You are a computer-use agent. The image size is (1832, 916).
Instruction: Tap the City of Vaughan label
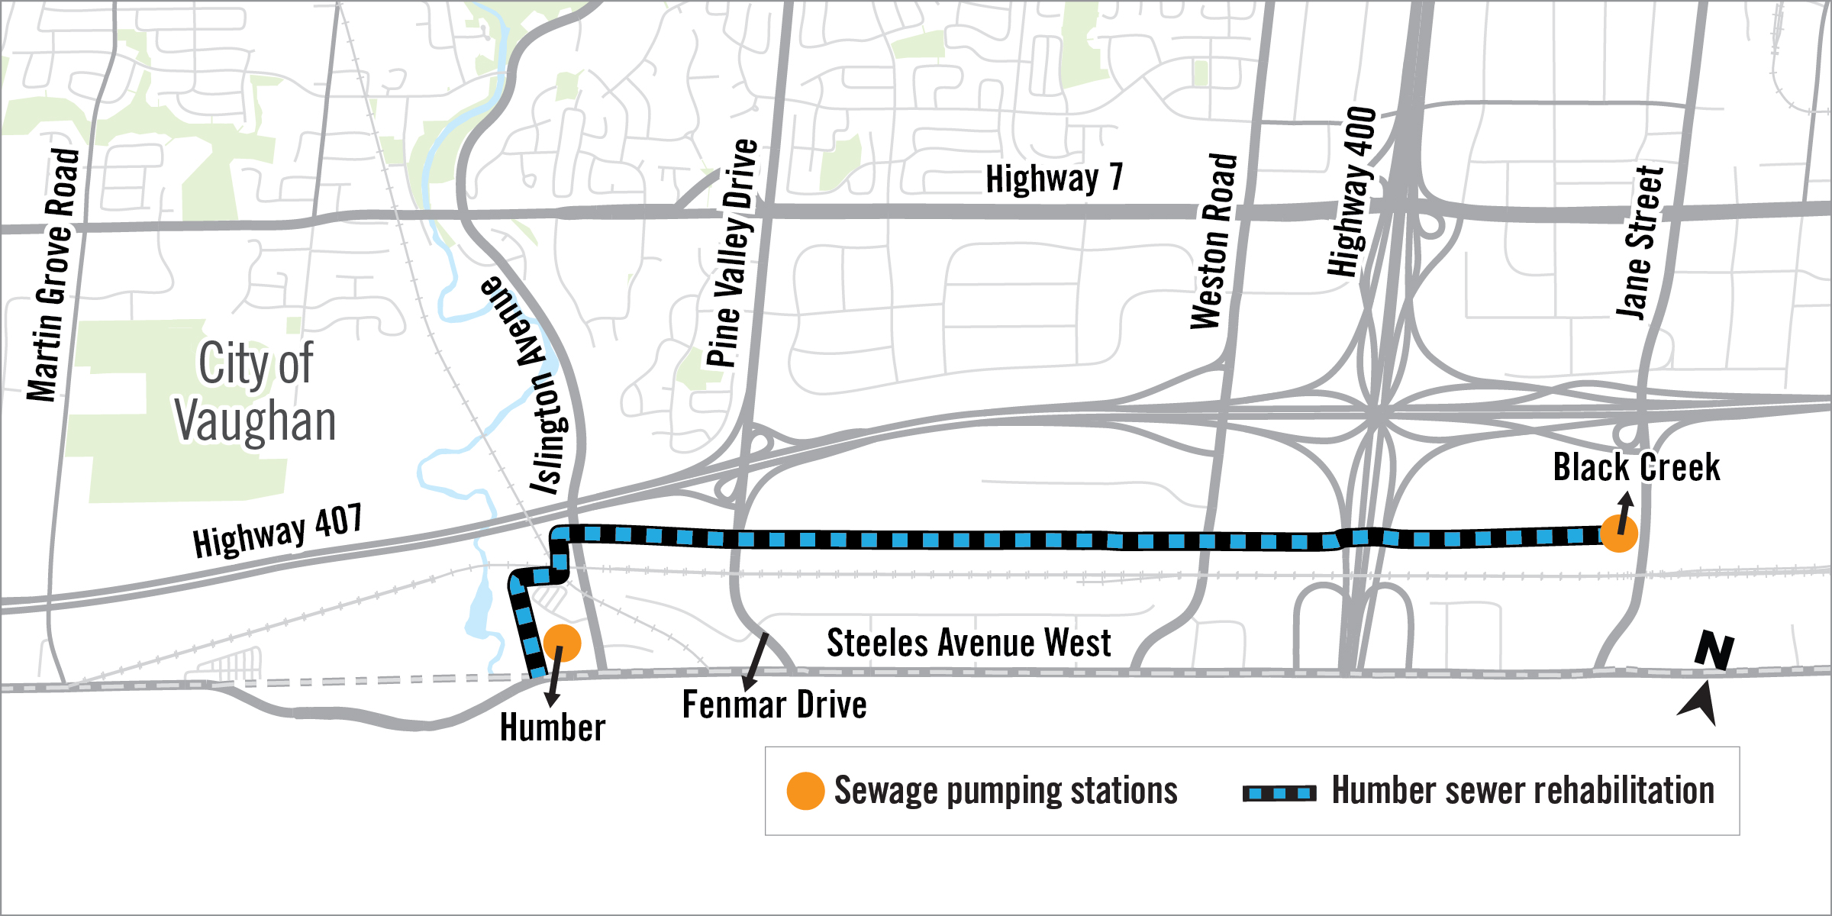click(x=255, y=392)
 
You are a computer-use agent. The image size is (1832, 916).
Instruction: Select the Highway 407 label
click(x=277, y=531)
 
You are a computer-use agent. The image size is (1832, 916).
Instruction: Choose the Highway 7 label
click(x=1054, y=179)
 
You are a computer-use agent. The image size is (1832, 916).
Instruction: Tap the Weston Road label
click(x=1214, y=241)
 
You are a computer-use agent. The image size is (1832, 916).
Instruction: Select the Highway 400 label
click(x=1352, y=191)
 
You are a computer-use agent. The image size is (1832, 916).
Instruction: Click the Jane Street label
click(x=1639, y=241)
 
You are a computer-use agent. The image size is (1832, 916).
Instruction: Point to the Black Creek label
click(x=1637, y=467)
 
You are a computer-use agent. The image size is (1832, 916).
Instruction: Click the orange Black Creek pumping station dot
click(x=1618, y=533)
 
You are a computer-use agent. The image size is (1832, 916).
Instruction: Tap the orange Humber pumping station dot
click(x=562, y=643)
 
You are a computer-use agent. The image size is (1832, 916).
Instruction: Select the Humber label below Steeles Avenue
click(x=553, y=727)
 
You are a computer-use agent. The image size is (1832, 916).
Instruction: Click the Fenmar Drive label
click(x=774, y=705)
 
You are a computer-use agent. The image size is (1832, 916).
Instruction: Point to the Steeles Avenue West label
click(x=969, y=643)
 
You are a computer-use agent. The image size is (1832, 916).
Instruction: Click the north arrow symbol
click(x=1706, y=679)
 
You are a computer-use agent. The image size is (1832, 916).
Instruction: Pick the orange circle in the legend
click(x=805, y=791)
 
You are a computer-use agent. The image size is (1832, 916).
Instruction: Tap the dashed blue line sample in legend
click(x=1279, y=793)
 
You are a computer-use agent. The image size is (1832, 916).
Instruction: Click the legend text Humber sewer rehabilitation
click(x=1523, y=790)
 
